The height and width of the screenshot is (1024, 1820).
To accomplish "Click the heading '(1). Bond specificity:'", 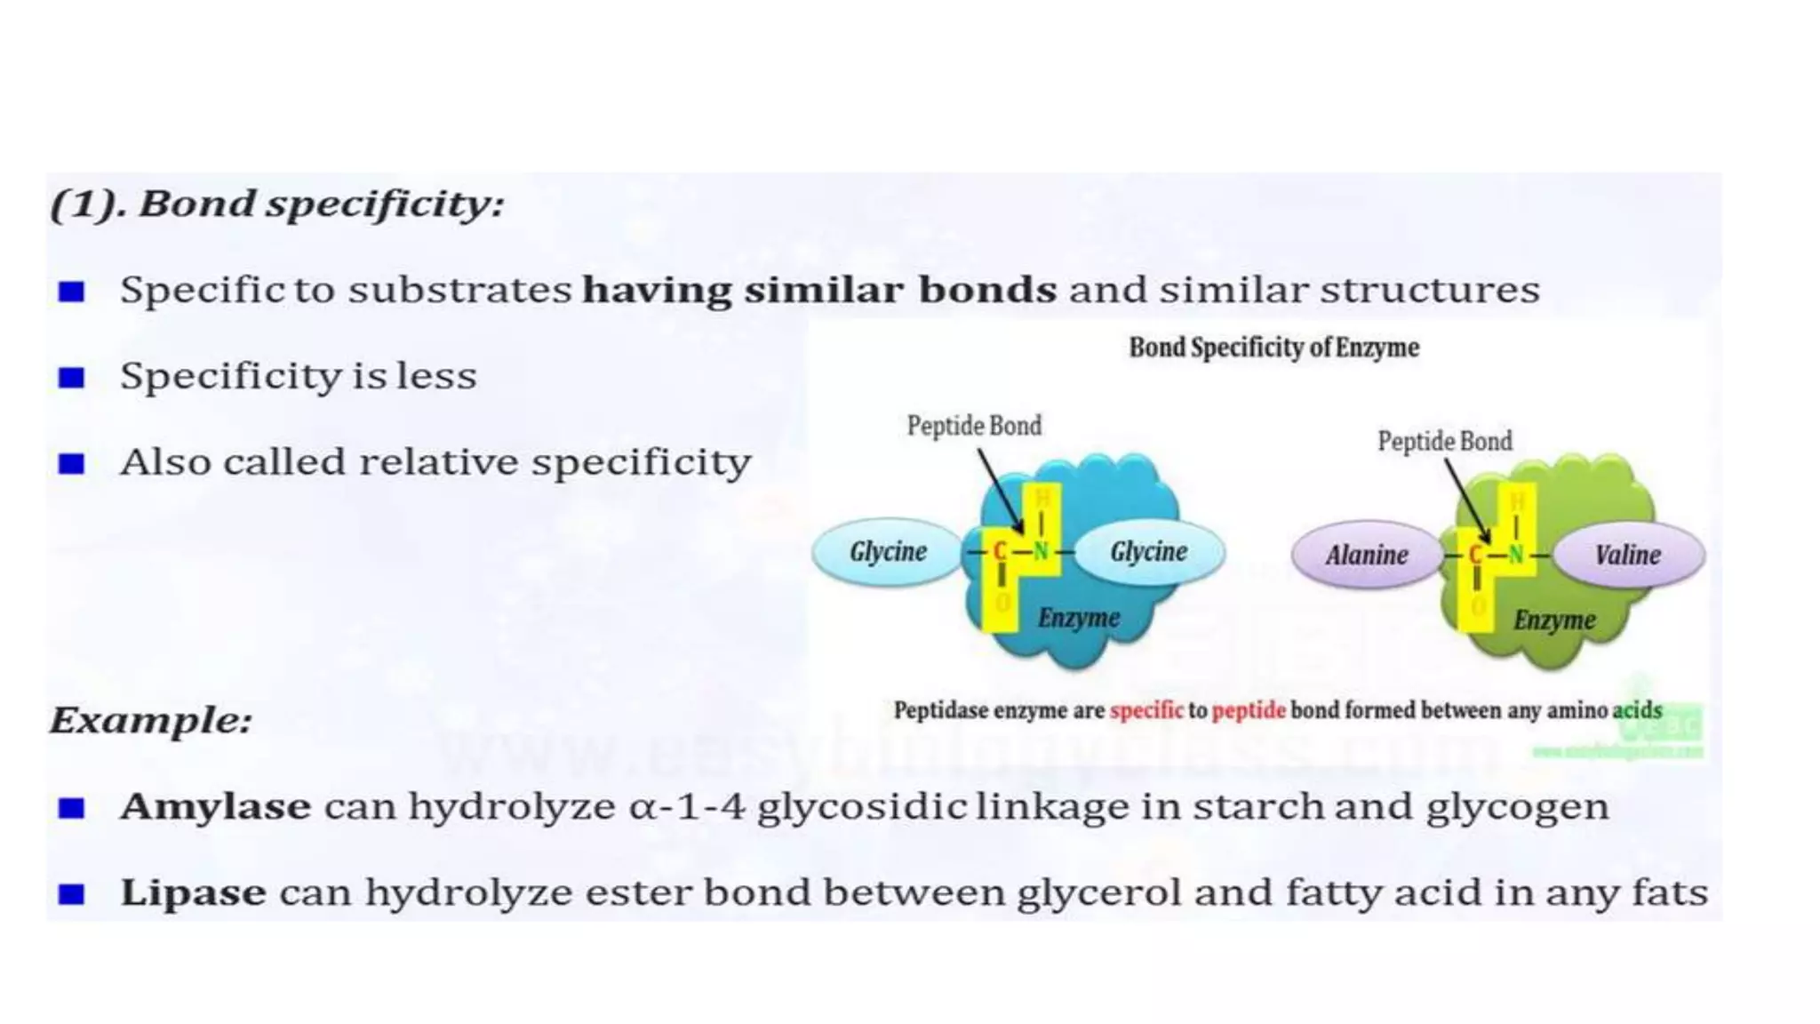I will [277, 204].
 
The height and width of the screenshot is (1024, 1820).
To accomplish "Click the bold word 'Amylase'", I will [216, 807].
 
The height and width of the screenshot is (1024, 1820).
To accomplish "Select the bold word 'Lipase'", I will [193, 892].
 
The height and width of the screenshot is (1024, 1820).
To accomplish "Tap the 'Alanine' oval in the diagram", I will [1367, 556].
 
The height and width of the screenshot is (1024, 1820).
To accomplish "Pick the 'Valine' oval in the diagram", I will [1627, 556].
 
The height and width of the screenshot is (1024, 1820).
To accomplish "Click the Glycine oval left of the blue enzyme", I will [888, 552].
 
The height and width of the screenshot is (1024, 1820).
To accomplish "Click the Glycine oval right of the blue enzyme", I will [1148, 552].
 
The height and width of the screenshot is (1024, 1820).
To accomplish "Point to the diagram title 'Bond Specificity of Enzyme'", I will [1273, 348].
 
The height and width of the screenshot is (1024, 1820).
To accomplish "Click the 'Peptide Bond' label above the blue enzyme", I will [974, 426].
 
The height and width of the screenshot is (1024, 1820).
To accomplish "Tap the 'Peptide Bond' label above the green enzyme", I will [1444, 441].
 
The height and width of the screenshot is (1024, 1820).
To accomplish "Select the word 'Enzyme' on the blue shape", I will [1079, 618].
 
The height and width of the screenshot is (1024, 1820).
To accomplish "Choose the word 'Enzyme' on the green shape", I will [1554, 620].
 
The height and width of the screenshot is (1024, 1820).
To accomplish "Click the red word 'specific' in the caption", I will [1146, 710].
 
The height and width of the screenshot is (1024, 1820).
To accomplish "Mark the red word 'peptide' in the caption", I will [1249, 710].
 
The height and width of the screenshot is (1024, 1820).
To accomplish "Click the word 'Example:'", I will [151, 720].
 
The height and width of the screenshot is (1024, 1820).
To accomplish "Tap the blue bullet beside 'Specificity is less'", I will [71, 378].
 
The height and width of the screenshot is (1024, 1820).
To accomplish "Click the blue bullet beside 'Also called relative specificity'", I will [71, 464].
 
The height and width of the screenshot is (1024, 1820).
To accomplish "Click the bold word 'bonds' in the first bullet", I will [987, 290].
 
